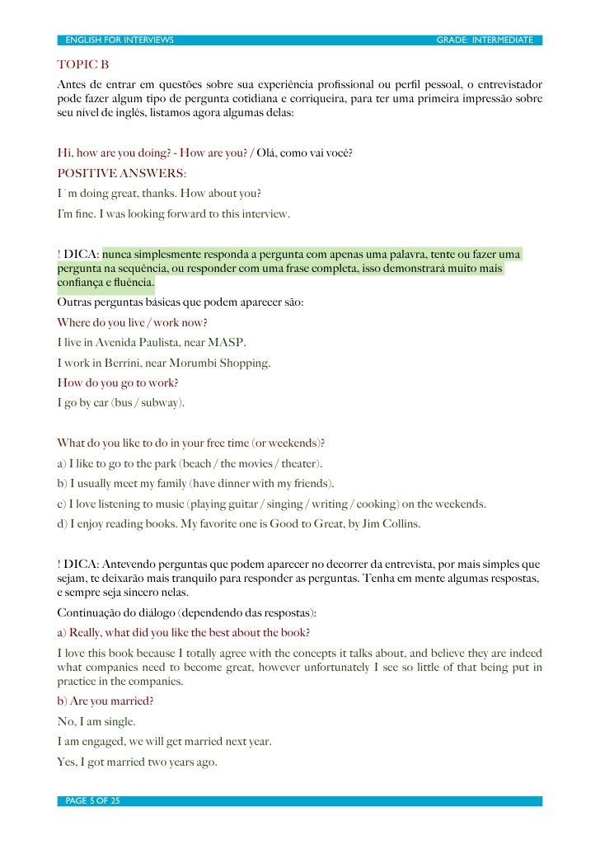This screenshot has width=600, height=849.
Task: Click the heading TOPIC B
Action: (x=82, y=64)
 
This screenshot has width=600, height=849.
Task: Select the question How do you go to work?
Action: (x=118, y=382)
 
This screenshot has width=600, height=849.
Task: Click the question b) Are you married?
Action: (x=105, y=701)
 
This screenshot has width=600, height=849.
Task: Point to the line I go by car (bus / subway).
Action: (x=121, y=403)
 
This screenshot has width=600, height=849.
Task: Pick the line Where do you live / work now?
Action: (x=132, y=322)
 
